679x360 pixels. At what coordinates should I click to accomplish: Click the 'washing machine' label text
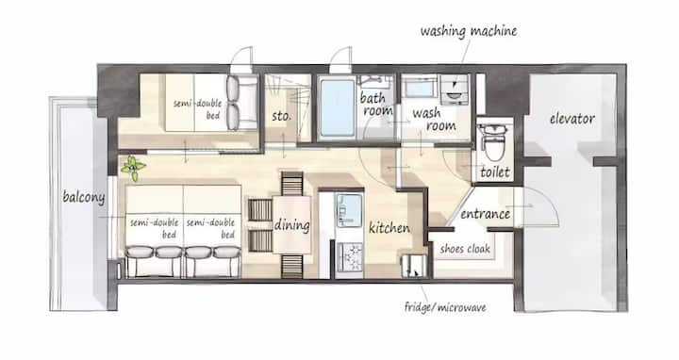pos(469,31)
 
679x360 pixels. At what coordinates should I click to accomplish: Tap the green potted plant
pos(133,168)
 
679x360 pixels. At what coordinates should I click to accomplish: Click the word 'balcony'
pos(84,197)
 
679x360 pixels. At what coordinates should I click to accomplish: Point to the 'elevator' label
pos(572,118)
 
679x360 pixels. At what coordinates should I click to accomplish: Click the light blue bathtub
pos(338,107)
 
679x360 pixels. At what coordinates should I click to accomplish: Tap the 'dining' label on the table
pos(291,225)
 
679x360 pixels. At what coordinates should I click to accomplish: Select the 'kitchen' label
pos(389,227)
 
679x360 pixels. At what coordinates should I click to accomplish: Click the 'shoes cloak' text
pos(465,249)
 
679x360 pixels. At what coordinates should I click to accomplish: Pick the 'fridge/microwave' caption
pos(445,307)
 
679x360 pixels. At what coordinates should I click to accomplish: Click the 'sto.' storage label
pos(281,116)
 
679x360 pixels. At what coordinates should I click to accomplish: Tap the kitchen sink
pos(349,211)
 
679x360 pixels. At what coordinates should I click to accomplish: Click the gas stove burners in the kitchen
pos(350,257)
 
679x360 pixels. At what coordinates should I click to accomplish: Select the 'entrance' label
pos(485,214)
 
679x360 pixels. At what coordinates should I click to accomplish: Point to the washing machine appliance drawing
pos(455,90)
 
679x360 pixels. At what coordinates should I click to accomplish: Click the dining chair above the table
pos(291,184)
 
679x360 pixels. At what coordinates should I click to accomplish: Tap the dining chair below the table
pos(291,266)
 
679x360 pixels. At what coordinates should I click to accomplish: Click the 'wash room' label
pos(435,120)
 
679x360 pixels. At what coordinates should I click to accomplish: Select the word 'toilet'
pos(495,172)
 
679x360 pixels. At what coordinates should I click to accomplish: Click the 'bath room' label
pos(376,105)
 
